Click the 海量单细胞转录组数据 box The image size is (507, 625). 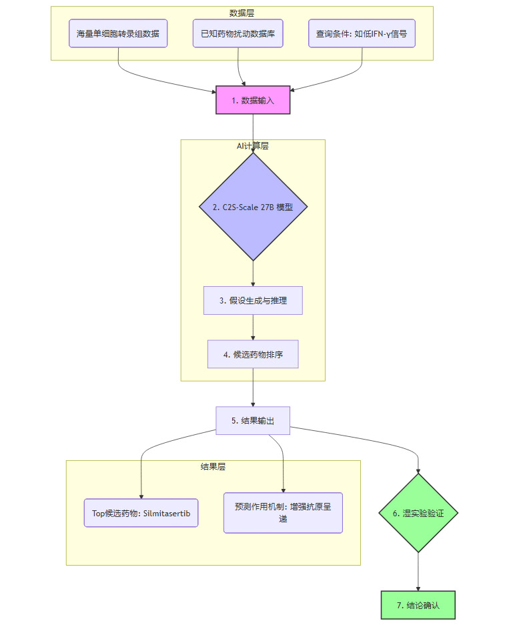pos(118,33)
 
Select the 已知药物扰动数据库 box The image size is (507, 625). pos(238,33)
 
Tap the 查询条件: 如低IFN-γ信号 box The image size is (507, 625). pos(362,33)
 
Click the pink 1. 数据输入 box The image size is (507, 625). pos(253,100)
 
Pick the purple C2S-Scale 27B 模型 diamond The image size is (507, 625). pos(253,207)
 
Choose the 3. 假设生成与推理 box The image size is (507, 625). pos(253,301)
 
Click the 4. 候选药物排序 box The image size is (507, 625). pos(253,354)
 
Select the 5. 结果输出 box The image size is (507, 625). pos(253,421)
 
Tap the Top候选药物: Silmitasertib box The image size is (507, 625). pos(141,513)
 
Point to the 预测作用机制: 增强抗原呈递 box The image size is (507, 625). pos(283,513)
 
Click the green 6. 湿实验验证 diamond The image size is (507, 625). pos(418,514)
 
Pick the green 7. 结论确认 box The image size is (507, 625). pos(418,605)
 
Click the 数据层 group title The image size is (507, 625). pos(241,13)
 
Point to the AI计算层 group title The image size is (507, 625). pos(253,146)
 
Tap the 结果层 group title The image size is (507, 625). pos(213,467)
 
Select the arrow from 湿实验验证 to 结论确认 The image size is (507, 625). pos(418,572)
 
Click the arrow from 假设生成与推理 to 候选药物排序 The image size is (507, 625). pos(253,328)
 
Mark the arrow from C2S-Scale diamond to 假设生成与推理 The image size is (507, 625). pos(253,273)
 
